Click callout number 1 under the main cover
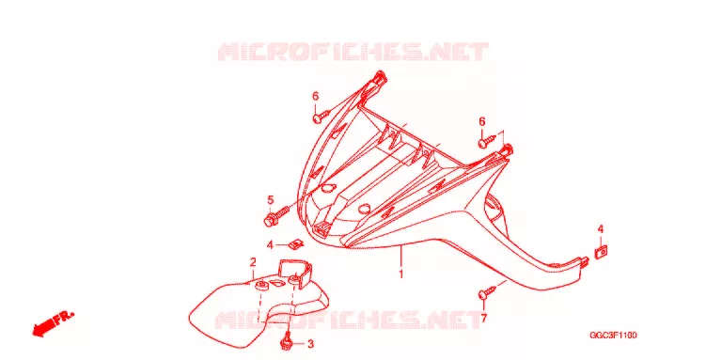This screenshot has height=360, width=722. point(401,274)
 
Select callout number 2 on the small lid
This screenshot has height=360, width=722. point(253,262)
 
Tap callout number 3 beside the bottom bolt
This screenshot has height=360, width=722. point(310,344)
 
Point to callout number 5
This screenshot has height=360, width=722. point(271,200)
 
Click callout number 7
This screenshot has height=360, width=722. point(483,318)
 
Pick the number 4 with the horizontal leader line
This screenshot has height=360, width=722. point(271,245)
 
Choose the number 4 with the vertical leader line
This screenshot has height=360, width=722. point(601,228)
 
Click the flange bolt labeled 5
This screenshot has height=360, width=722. point(275,216)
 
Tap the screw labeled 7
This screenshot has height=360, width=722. point(488,292)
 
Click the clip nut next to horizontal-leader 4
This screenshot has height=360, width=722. point(297,244)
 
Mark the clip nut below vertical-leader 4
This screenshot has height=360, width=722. point(601,252)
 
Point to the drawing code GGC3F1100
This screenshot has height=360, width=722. point(613,336)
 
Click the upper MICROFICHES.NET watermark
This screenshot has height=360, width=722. point(353,52)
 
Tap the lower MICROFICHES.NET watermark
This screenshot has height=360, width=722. point(348,320)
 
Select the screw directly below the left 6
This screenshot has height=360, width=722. point(321,116)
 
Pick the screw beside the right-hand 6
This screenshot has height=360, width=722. point(487,140)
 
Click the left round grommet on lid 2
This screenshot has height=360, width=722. point(262,286)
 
